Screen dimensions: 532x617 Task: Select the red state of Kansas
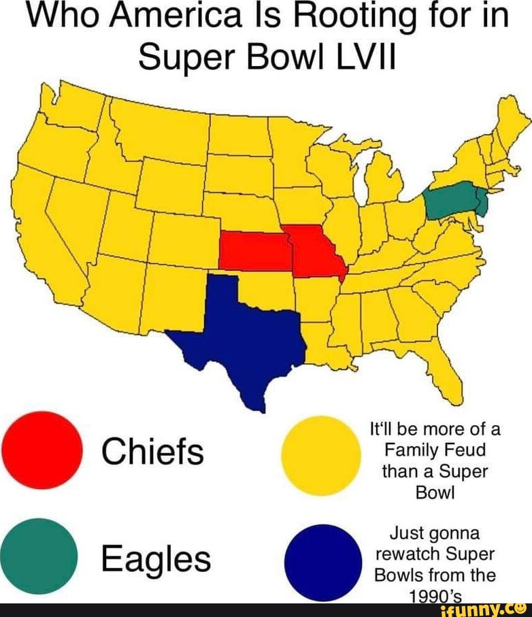(x=252, y=250)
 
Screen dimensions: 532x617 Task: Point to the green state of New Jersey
(x=482, y=202)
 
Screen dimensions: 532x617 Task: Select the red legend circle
(x=41, y=450)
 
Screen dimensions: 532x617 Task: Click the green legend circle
(x=39, y=556)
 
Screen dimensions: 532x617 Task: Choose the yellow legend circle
(x=320, y=454)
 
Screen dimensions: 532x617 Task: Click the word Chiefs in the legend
(x=152, y=451)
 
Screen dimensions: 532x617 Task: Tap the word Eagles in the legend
(x=155, y=559)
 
